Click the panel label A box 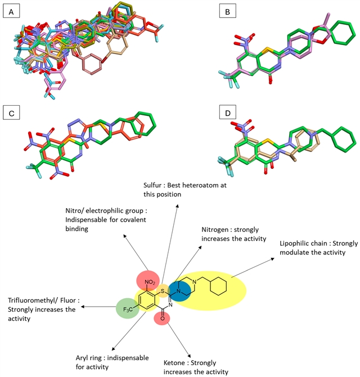[x=11, y=11]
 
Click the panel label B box [x=228, y=11]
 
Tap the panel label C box [x=11, y=113]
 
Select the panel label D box [x=228, y=113]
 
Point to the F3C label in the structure [x=128, y=309]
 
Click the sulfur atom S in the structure [x=163, y=291]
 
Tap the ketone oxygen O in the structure [x=163, y=318]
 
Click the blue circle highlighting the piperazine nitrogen [x=179, y=291]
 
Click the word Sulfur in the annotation [x=152, y=185]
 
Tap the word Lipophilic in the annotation [x=291, y=244]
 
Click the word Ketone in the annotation [x=174, y=362]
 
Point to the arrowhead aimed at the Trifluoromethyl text [x=83, y=307]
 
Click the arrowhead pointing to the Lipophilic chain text [x=273, y=259]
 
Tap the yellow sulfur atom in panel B [x=270, y=51]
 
